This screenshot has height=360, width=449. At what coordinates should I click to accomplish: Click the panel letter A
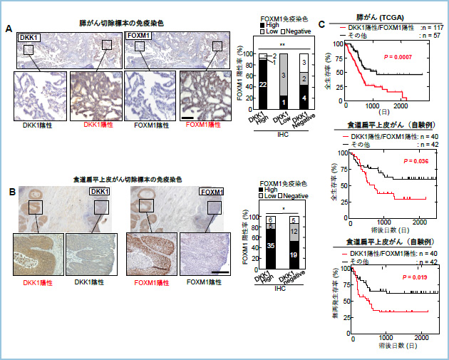(x=9, y=29)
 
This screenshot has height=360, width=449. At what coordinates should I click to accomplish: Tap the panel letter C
(x=323, y=24)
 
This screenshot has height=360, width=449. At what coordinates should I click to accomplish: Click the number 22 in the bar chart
(x=262, y=86)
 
